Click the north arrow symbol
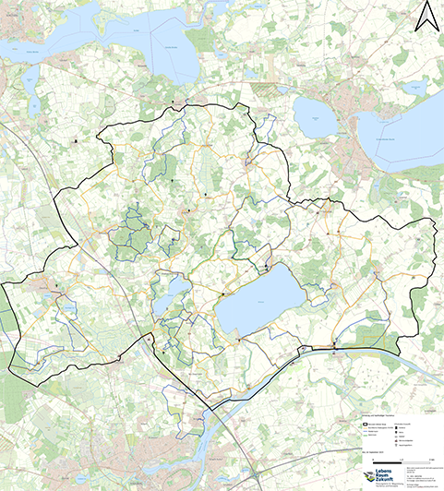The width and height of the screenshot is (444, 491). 426,16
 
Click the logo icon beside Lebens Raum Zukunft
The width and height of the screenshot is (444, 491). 369,475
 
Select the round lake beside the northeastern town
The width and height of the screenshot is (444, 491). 314,116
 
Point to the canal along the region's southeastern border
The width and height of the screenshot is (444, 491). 369,348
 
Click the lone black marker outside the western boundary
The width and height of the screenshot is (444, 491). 75,141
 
